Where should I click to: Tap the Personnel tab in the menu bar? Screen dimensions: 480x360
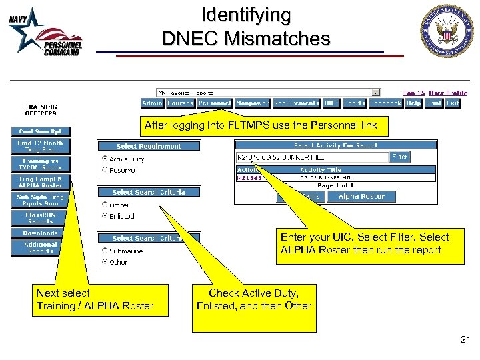coord(215,103)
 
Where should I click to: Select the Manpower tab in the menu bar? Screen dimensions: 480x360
coord(253,103)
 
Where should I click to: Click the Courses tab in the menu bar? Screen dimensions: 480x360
coord(180,103)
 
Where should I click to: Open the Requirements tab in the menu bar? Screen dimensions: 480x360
coord(296,103)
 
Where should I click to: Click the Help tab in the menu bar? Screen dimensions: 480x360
coord(414,103)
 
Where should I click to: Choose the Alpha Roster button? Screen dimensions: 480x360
coord(362,197)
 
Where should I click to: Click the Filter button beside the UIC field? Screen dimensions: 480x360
coord(400,157)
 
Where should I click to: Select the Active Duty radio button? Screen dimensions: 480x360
coord(105,159)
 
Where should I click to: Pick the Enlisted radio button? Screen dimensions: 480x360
coord(105,216)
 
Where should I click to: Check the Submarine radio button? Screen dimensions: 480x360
coord(105,251)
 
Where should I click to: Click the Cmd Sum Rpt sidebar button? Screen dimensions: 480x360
coord(40,131)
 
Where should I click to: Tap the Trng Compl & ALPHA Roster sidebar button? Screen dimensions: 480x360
coord(40,182)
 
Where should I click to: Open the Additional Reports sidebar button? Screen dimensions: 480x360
coord(40,247)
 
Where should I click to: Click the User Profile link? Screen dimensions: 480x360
coord(447,93)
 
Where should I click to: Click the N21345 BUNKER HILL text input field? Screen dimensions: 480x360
coord(312,157)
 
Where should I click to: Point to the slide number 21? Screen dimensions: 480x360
coord(465,340)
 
